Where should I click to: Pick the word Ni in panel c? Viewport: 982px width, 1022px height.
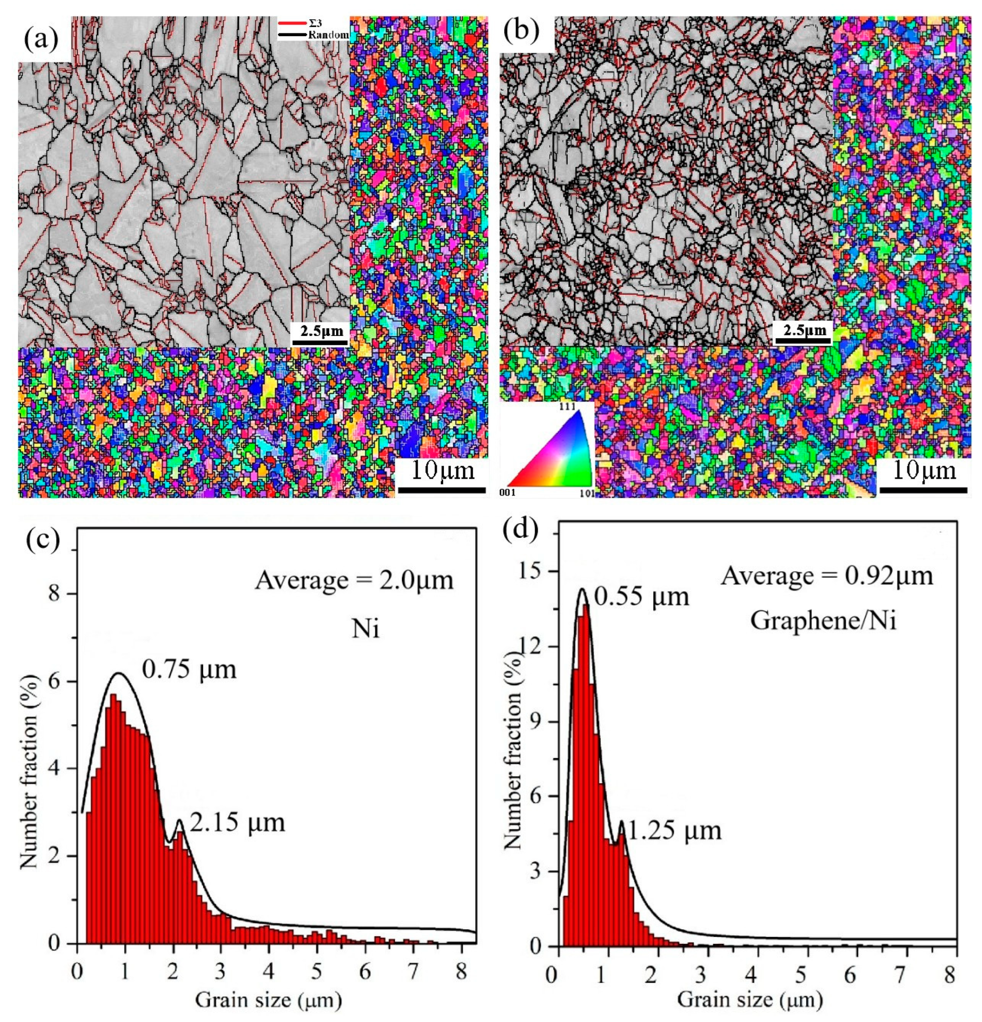pos(365,630)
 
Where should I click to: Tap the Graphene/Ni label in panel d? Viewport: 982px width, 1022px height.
pos(823,622)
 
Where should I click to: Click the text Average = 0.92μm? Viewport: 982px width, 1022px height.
pos(826,576)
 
